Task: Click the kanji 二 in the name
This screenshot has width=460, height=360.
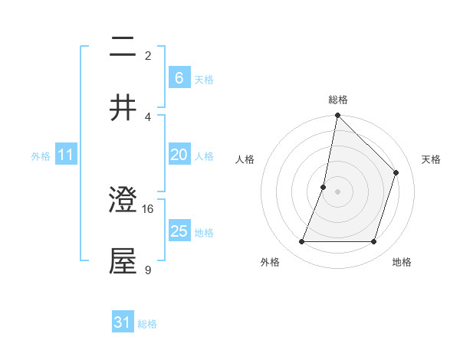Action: (x=123, y=48)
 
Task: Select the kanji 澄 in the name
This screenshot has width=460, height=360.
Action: (x=123, y=201)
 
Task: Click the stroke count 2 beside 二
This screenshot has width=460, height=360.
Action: (x=148, y=56)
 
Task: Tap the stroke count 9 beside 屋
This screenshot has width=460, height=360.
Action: (x=148, y=269)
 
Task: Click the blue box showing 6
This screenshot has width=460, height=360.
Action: (x=179, y=77)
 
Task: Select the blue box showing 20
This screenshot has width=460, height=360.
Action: (x=179, y=155)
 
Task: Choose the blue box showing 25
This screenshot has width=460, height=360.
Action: (x=179, y=231)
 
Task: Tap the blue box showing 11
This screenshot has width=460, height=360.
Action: (x=65, y=155)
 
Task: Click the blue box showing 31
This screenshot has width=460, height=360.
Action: (x=123, y=322)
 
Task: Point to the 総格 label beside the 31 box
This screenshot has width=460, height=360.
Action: (x=147, y=324)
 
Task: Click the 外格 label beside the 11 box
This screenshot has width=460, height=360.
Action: (x=41, y=156)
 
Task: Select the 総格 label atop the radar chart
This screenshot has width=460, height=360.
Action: (x=337, y=100)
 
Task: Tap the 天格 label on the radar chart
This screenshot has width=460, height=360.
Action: (x=431, y=159)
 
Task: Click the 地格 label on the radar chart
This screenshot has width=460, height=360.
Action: (x=402, y=262)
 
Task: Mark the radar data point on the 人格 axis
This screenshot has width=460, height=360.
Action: (x=324, y=187)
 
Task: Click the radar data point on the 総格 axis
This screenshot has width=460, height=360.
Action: (x=337, y=116)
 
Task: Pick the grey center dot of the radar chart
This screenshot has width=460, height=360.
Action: (x=337, y=191)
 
